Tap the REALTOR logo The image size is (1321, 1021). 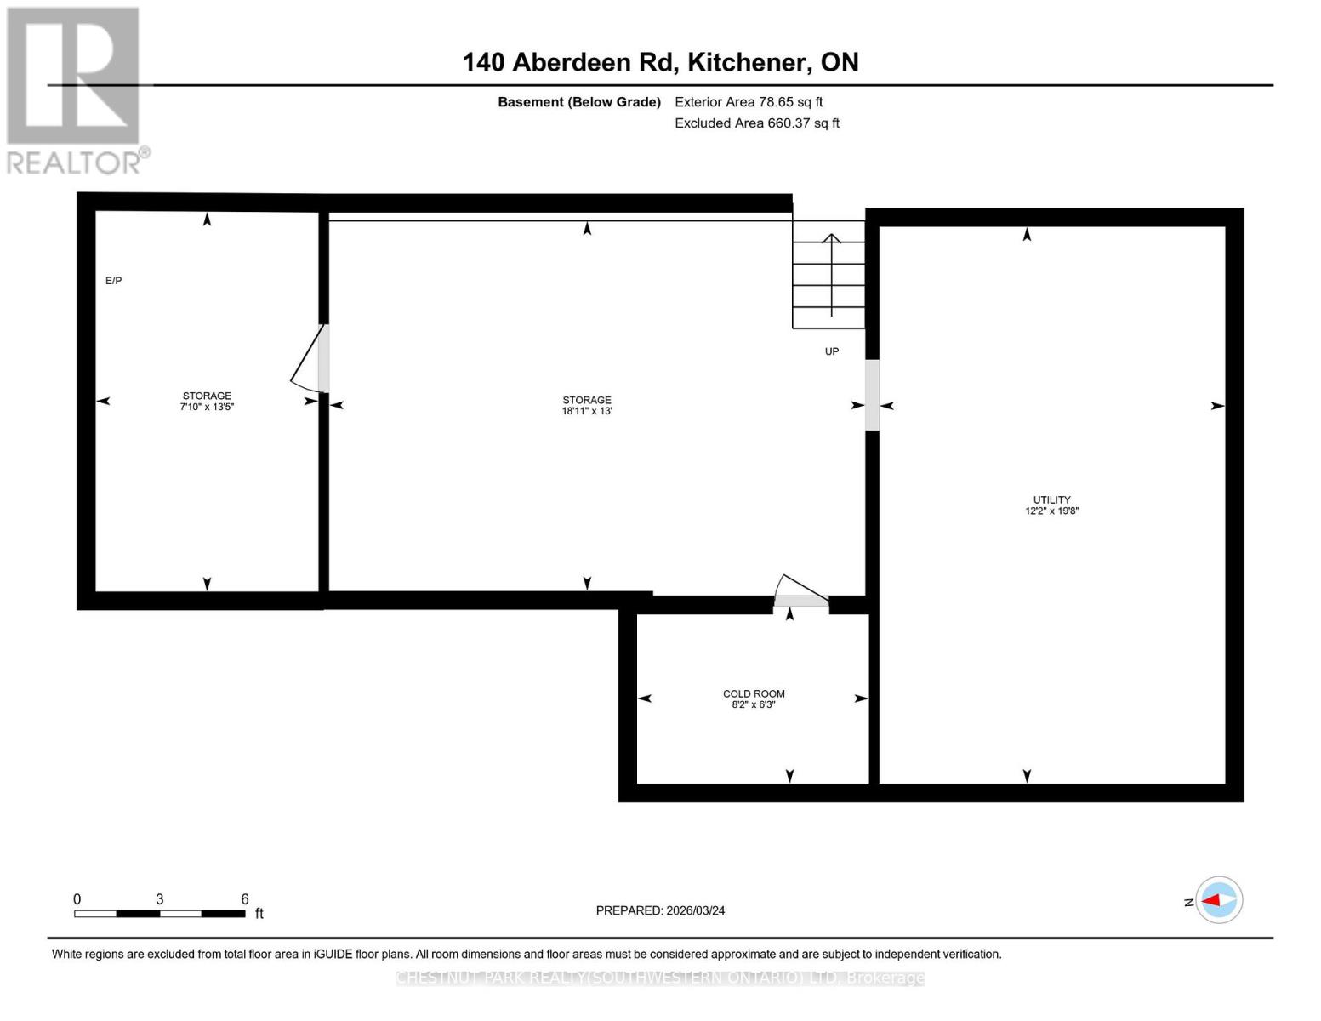75,90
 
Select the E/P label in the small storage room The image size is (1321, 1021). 113,281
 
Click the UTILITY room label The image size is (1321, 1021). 1051,499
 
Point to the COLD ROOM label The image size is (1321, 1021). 754,693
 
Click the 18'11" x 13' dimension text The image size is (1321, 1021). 587,411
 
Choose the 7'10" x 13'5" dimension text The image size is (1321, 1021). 207,408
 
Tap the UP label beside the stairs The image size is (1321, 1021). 831,351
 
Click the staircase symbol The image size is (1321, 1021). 829,274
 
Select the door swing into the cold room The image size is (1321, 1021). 800,590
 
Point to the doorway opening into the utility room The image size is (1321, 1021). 872,395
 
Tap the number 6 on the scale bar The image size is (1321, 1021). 245,899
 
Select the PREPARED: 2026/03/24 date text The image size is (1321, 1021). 660,910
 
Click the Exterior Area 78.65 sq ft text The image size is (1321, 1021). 749,102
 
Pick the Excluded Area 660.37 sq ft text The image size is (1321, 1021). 757,123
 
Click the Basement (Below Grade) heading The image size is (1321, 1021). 579,102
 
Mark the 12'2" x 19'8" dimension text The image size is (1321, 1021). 1051,511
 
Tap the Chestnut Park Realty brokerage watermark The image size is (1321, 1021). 660,978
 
